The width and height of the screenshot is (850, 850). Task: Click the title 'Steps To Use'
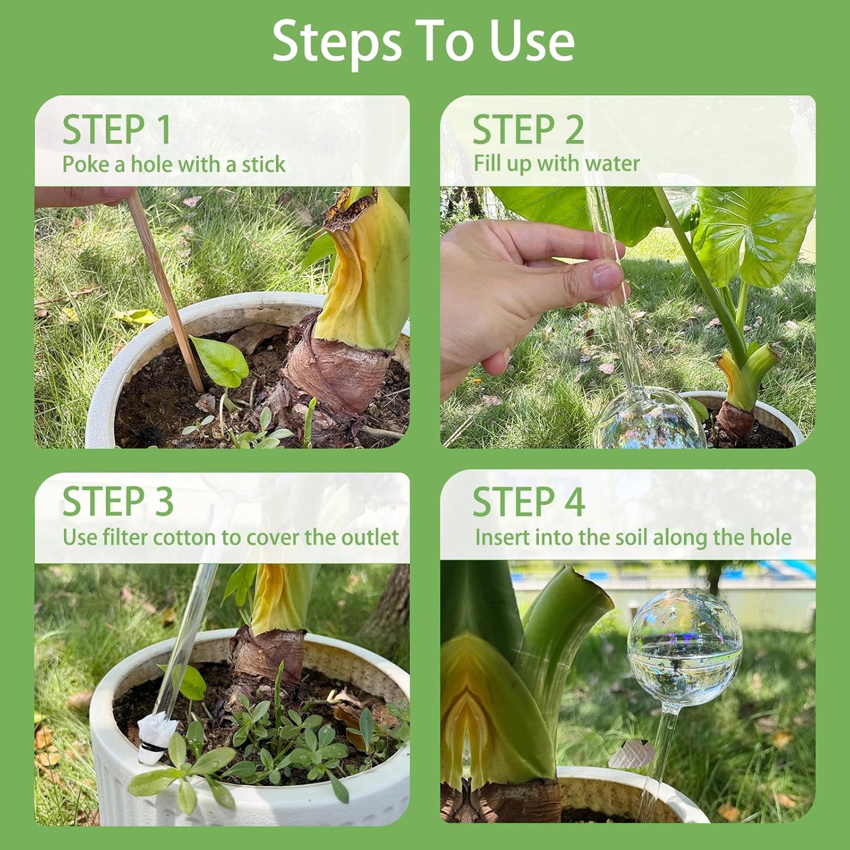coord(424,42)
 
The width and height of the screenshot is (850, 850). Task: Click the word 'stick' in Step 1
coord(264,164)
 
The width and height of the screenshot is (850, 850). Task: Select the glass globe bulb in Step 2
coord(648,418)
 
